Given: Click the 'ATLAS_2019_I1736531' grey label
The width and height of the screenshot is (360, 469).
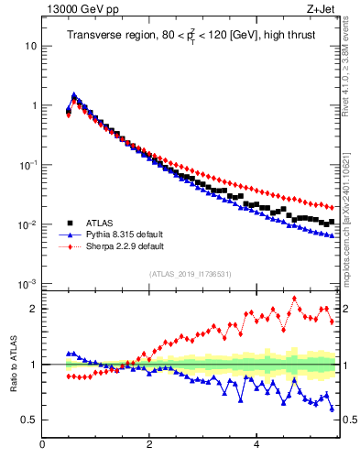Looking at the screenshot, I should click(190, 274).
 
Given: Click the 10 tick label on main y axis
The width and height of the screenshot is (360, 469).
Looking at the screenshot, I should click(30, 46).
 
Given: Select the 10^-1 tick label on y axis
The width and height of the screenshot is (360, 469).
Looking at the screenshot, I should click(28, 165).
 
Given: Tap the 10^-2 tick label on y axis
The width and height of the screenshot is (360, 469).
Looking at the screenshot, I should click(28, 224).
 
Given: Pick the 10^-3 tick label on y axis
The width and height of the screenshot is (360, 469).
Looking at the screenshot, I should click(28, 284).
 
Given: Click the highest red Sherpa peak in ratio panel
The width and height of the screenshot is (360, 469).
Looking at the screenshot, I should click(294, 298).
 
